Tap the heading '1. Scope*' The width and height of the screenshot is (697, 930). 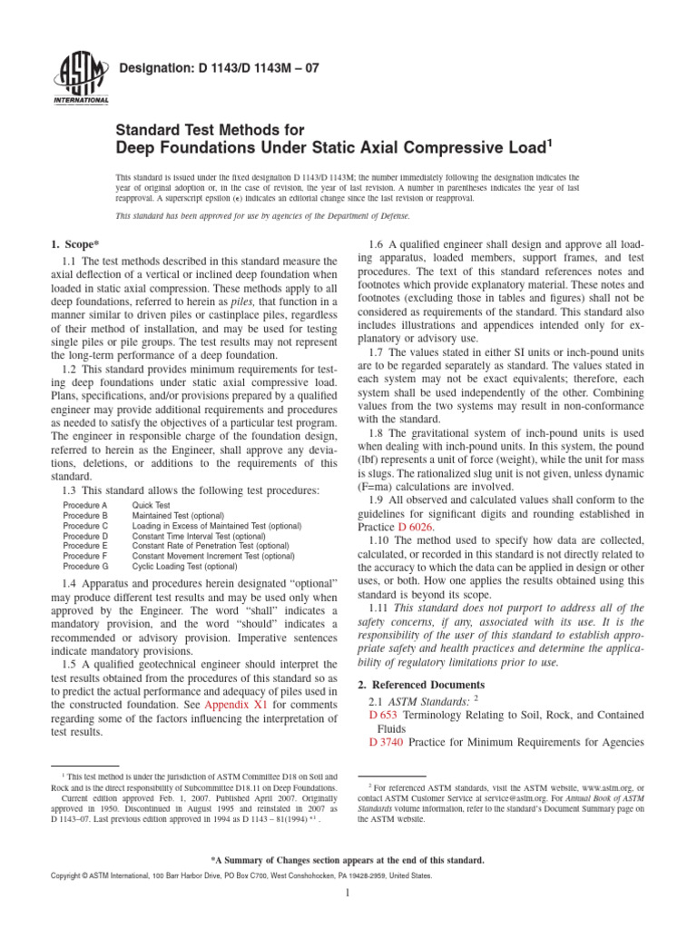tap(74, 243)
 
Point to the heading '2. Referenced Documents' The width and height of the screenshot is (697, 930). tap(420, 684)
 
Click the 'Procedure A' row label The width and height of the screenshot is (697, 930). tap(85, 504)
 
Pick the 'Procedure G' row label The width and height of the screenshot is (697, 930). tap(85, 565)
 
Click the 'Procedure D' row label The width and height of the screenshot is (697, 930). tap(85, 535)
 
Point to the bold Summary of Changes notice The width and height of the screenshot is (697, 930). tap(348, 859)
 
